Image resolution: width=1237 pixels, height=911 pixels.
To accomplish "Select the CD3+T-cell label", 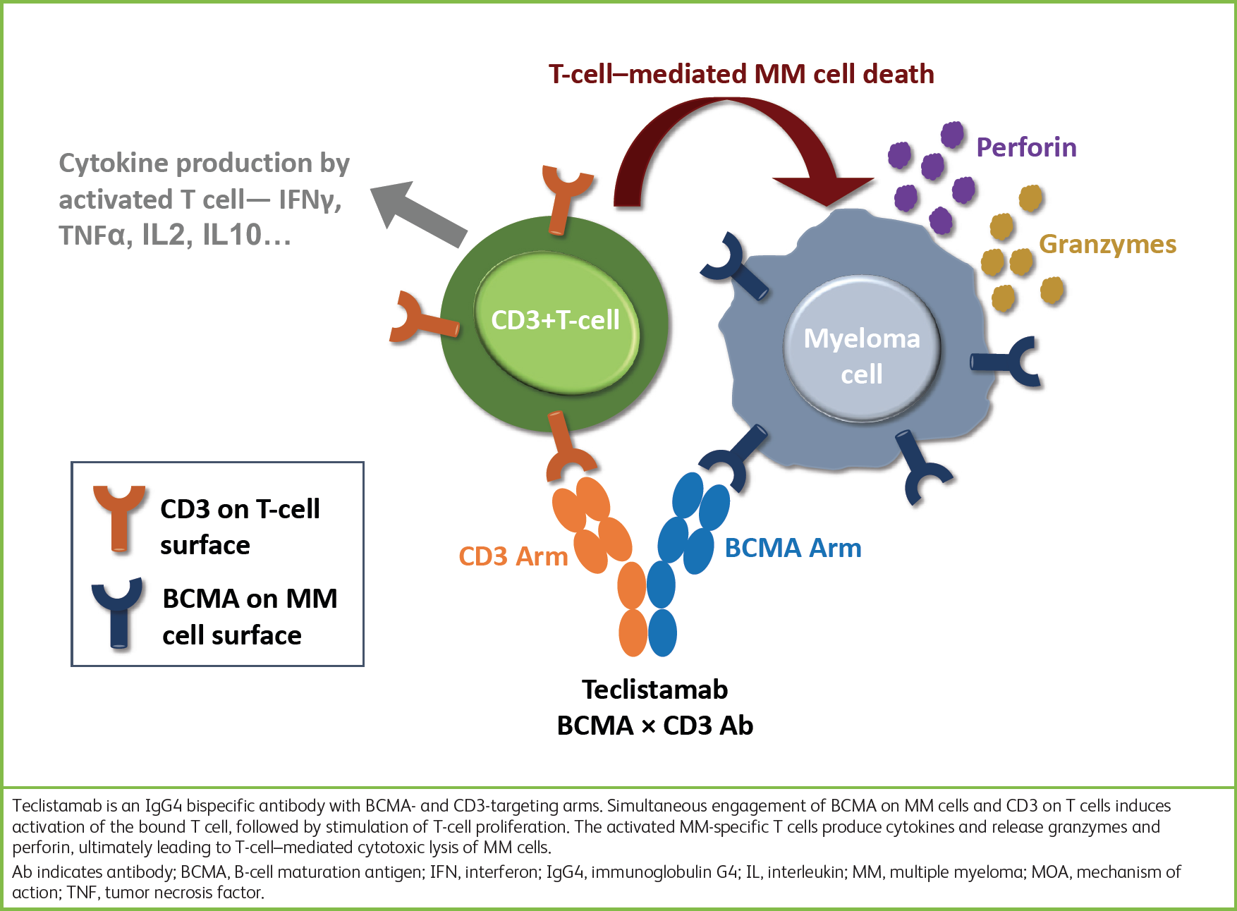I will point(555,320).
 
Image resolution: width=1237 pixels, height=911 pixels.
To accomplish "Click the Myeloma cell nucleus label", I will point(862,355).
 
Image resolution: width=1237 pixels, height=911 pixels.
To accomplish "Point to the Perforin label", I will point(1026,147).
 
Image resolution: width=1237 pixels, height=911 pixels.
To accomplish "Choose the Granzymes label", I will point(1107,244).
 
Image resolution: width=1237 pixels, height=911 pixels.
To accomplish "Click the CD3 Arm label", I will point(513,556).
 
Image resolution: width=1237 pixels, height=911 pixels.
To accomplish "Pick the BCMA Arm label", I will point(793,548).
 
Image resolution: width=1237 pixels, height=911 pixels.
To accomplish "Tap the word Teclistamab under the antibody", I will point(654,689).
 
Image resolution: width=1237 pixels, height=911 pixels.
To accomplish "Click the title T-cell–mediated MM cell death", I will point(741,74).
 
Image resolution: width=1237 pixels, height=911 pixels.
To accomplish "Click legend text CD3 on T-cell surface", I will point(240,527).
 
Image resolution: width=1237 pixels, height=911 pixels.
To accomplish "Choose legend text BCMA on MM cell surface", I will point(250,616).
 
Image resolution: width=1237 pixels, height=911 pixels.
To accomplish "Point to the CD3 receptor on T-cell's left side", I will point(421,319).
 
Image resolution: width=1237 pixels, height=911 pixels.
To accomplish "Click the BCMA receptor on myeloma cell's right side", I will point(1009,361).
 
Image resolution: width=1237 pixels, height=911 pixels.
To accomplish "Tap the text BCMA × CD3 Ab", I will point(654,726).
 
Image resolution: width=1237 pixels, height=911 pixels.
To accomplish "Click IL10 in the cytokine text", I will point(233,235).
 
